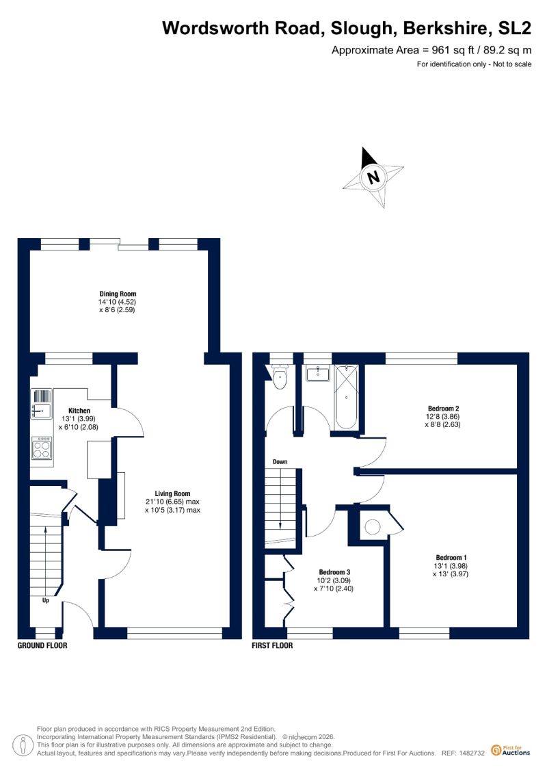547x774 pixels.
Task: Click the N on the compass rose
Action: [x=374, y=177]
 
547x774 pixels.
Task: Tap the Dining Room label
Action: [x=118, y=294]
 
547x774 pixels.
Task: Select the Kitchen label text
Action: [x=79, y=411]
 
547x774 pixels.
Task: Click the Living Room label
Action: [x=172, y=493]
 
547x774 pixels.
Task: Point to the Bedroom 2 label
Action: [x=444, y=409]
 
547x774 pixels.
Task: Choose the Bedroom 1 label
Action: [x=451, y=558]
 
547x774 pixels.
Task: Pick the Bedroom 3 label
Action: [x=334, y=572]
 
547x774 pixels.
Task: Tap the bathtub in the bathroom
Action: [x=346, y=398]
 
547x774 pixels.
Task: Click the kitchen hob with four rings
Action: [x=42, y=448]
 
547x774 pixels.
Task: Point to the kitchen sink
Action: [x=42, y=404]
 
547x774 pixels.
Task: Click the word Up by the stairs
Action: [x=45, y=601]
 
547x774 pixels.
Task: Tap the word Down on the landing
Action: [x=280, y=462]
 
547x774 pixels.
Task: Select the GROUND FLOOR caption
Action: [x=42, y=645]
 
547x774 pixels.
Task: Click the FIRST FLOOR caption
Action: [x=272, y=645]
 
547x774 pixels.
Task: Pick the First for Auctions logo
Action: [x=511, y=751]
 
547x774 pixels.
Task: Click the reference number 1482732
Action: [x=472, y=753]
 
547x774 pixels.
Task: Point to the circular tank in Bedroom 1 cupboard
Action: [x=373, y=527]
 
